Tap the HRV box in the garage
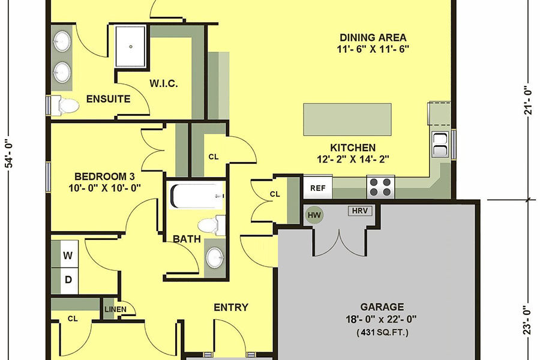pos(359,211)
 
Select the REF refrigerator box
pos(317,188)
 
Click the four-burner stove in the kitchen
pos(380,187)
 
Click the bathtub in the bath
pos(196,195)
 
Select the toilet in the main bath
pos(211,226)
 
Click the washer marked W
pos(68,255)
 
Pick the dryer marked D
pos(68,280)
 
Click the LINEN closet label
pos(116,309)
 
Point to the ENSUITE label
pos(108,99)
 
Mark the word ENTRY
pos(231,307)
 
